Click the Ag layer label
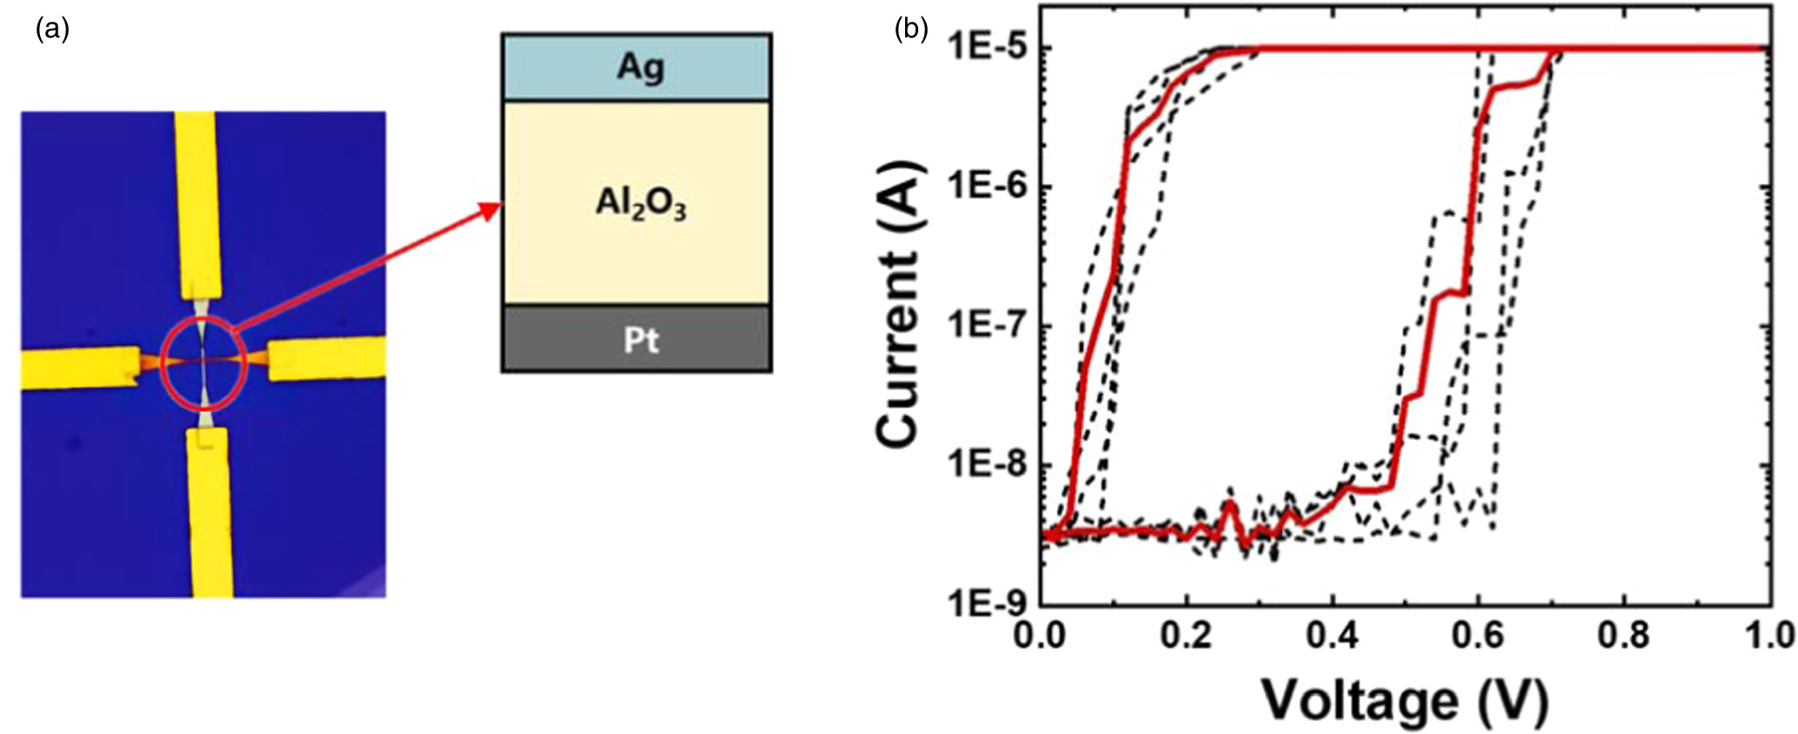pyautogui.click(x=641, y=67)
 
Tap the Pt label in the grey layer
pyautogui.click(x=641, y=340)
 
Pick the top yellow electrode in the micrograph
pyautogui.click(x=197, y=200)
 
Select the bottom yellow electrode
pyautogui.click(x=210, y=514)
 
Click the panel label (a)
pyautogui.click(x=51, y=30)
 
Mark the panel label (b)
pyautogui.click(x=911, y=30)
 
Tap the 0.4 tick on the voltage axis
pyautogui.click(x=1332, y=636)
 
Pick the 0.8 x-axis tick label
pyautogui.click(x=1624, y=636)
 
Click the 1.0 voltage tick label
pyautogui.click(x=1768, y=636)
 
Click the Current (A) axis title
pyautogui.click(x=898, y=305)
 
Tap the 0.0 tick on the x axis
pyautogui.click(x=1040, y=636)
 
